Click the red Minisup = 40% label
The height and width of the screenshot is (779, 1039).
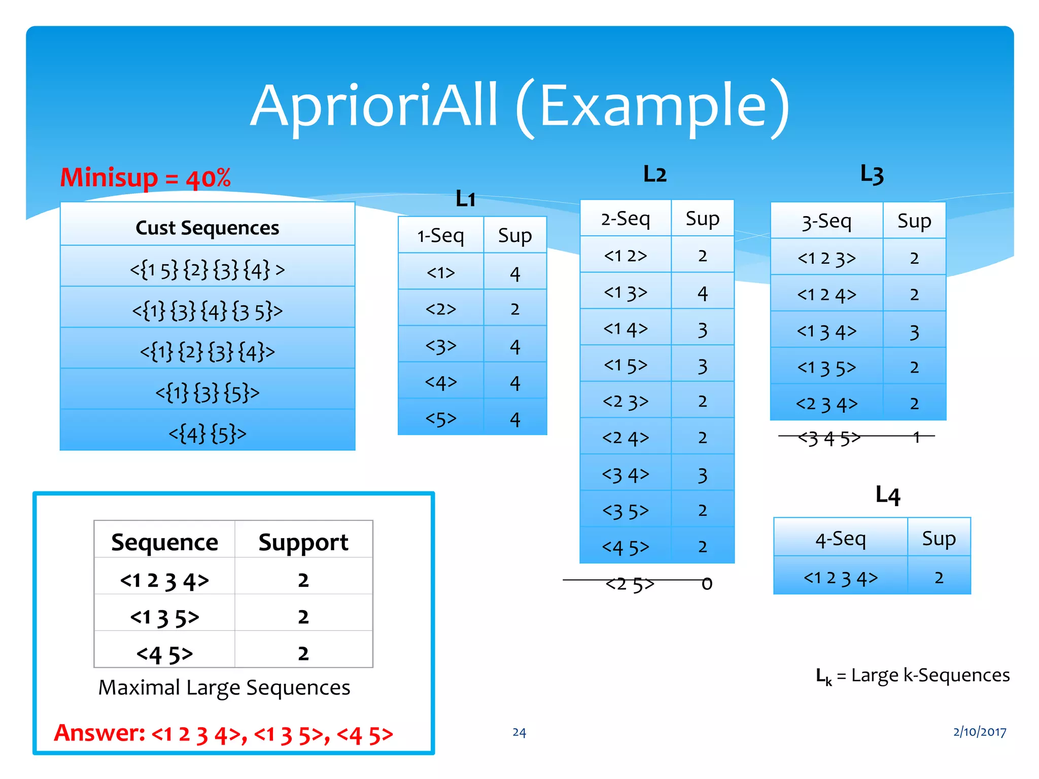pyautogui.click(x=145, y=178)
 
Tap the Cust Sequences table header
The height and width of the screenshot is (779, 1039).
pyautogui.click(x=207, y=228)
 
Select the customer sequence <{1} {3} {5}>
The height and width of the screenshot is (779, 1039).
pyautogui.click(x=207, y=392)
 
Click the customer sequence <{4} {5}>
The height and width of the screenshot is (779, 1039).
pyautogui.click(x=207, y=434)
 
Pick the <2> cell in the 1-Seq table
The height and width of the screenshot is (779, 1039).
pyautogui.click(x=440, y=309)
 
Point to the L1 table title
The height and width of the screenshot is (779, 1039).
pyautogui.click(x=465, y=199)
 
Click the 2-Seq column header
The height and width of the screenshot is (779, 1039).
pyautogui.click(x=625, y=219)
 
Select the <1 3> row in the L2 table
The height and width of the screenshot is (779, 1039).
pyautogui.click(x=625, y=293)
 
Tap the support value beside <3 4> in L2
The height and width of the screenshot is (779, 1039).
pyautogui.click(x=702, y=475)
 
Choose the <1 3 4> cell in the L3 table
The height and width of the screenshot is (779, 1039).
pyautogui.click(x=826, y=332)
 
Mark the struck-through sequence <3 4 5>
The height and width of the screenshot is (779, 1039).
pyautogui.click(x=829, y=438)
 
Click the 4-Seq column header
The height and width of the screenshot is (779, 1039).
pyautogui.click(x=840, y=539)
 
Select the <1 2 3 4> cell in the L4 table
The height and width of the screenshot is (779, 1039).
pyautogui.click(x=840, y=578)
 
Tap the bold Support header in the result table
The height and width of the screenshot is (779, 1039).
pyautogui.click(x=303, y=542)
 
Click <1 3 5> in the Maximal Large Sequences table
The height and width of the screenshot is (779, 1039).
pyautogui.click(x=164, y=617)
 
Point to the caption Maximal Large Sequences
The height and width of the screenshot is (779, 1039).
pyautogui.click(x=224, y=688)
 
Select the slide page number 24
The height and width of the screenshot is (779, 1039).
pyautogui.click(x=519, y=732)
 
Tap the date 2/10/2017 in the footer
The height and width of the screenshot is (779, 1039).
pyautogui.click(x=979, y=732)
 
